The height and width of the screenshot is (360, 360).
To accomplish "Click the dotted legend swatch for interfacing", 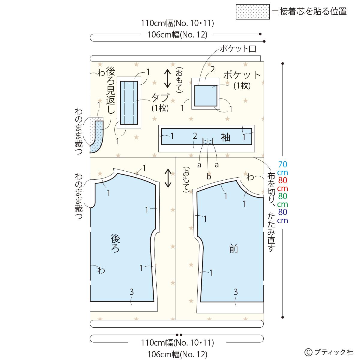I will tap(252, 12).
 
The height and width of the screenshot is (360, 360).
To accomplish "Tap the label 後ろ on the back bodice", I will tap(115, 244).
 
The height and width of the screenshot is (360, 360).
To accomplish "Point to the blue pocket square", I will tap(206, 95).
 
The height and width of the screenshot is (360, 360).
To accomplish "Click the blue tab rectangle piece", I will tap(129, 102).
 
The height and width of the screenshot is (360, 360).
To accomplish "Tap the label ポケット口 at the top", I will tap(238, 49).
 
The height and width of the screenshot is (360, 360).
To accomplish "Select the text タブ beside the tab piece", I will tap(160, 98).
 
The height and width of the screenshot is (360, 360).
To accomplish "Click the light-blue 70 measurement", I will tap(283, 164).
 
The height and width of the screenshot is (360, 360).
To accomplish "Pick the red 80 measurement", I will tap(283, 181).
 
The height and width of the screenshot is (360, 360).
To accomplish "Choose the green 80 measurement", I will tap(283, 196).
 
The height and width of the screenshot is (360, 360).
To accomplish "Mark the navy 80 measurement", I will tap(283, 212).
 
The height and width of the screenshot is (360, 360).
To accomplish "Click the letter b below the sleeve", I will tap(208, 176).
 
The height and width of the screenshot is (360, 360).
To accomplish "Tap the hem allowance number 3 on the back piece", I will tap(131, 291).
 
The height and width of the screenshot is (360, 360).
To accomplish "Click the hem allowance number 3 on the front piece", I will tap(236, 291).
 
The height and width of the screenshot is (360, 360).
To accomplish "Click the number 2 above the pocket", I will tap(212, 70).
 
